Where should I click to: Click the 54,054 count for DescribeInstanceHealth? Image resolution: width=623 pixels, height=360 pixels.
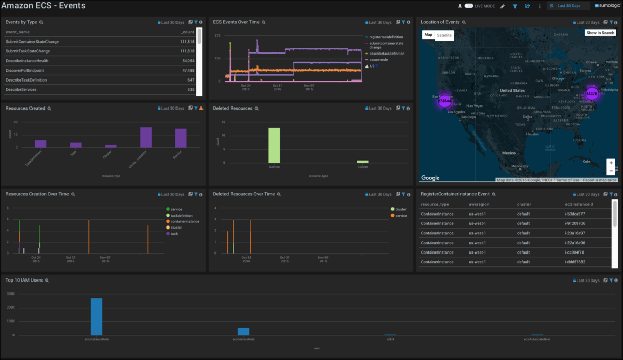point(188,61)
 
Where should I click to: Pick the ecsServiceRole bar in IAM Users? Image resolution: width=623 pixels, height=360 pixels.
point(243,331)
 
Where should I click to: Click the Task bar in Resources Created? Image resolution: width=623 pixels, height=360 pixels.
point(76,144)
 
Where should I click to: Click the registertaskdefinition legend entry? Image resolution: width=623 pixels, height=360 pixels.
point(386,37)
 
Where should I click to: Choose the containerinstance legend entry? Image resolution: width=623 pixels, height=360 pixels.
point(184,221)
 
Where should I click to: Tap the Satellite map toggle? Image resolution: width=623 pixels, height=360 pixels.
point(444,35)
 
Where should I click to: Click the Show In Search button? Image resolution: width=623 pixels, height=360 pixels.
point(600,33)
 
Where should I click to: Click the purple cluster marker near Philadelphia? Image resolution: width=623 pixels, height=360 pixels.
point(592,94)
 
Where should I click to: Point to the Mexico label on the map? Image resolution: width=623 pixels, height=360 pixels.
point(508,153)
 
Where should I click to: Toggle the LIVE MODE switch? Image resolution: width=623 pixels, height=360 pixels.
point(469,6)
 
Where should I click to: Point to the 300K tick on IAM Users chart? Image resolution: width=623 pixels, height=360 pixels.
point(10,294)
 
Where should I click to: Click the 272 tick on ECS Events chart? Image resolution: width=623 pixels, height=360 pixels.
point(218,36)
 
